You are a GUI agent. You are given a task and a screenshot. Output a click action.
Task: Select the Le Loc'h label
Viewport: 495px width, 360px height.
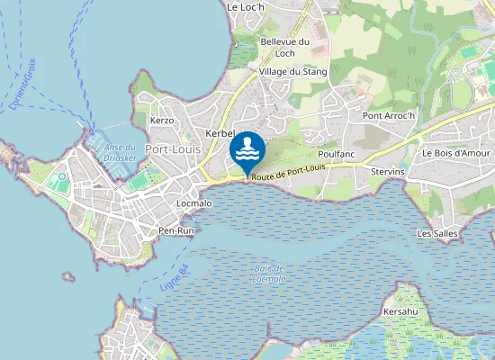(245, 6)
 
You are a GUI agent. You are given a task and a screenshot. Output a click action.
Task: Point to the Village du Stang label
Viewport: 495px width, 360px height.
(292, 71)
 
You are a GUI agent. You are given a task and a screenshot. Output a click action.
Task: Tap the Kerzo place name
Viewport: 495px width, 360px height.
(162, 120)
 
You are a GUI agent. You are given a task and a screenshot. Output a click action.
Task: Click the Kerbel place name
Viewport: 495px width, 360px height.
(220, 133)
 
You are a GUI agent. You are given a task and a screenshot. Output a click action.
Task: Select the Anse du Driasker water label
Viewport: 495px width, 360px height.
(120, 152)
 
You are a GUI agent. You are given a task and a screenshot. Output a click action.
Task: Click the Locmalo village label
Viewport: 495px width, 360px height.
(194, 203)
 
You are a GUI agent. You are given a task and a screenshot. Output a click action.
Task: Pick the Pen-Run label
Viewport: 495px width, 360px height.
(176, 231)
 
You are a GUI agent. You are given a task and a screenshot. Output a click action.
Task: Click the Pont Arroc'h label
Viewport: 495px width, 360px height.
(388, 115)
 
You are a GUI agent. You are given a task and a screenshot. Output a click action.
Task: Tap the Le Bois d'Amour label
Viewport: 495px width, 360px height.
(456, 153)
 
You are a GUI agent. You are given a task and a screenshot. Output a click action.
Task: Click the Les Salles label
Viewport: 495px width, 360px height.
(437, 233)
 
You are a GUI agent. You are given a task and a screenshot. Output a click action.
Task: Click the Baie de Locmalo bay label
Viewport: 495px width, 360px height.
(268, 274)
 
